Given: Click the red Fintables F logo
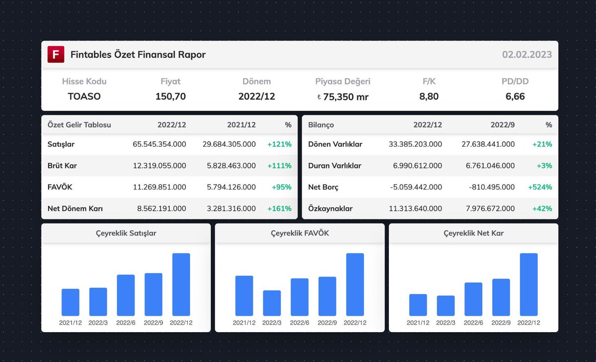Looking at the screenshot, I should click(56, 55).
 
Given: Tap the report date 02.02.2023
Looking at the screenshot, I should click(526, 55).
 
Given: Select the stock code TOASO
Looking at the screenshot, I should click(84, 96).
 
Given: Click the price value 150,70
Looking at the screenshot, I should click(170, 96).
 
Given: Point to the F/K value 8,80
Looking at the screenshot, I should click(429, 96).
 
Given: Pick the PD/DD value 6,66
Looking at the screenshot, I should click(515, 96).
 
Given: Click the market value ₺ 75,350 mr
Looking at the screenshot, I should click(343, 97).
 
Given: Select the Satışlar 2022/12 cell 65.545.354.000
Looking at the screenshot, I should click(159, 144).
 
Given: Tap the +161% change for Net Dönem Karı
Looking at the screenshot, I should click(279, 208).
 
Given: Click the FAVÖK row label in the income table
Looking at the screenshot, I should click(60, 187).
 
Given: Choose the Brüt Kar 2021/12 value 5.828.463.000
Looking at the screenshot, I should click(229, 166).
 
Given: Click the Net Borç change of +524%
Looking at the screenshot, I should click(540, 187).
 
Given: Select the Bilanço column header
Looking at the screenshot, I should click(321, 125).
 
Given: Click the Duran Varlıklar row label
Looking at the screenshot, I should click(335, 166).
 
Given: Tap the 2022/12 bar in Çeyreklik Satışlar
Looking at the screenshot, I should click(181, 284).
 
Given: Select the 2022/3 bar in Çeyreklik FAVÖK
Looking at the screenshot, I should click(272, 303).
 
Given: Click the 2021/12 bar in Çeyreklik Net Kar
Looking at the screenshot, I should click(418, 305).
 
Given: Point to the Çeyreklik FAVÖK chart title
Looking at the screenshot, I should click(299, 233).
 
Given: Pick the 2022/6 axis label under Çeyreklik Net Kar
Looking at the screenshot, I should click(473, 323).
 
